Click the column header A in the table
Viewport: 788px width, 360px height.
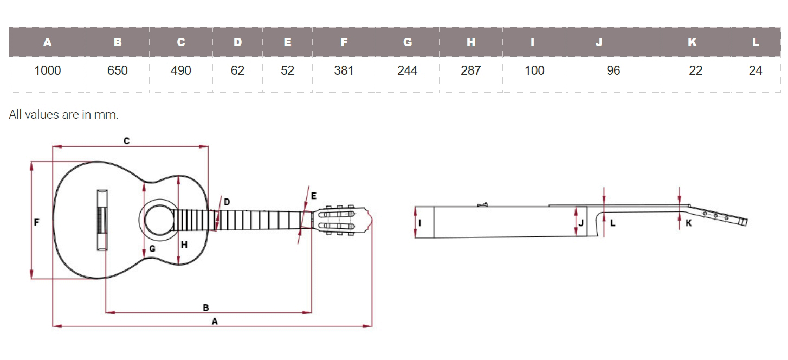point(48,42)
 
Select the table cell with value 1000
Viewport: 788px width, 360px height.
point(48,70)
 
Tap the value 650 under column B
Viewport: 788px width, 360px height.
point(118,70)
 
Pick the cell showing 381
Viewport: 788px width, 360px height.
point(344,70)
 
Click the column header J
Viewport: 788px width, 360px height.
point(599,42)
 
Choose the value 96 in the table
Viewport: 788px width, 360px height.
point(613,70)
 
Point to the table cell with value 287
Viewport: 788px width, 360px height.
point(471,70)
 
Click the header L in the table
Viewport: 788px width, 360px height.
point(755,42)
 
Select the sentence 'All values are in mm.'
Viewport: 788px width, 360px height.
point(63,114)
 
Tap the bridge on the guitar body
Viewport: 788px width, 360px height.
point(102,220)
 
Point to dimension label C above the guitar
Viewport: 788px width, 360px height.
point(126,141)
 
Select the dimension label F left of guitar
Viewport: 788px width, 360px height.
point(36,222)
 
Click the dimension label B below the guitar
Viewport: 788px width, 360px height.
point(206,307)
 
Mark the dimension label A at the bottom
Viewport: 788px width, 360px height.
point(215,322)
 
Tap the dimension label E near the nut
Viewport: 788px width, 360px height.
point(313,196)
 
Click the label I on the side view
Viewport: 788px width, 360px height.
point(420,222)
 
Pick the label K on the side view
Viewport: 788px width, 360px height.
point(688,223)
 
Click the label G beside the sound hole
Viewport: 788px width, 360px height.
point(152,248)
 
